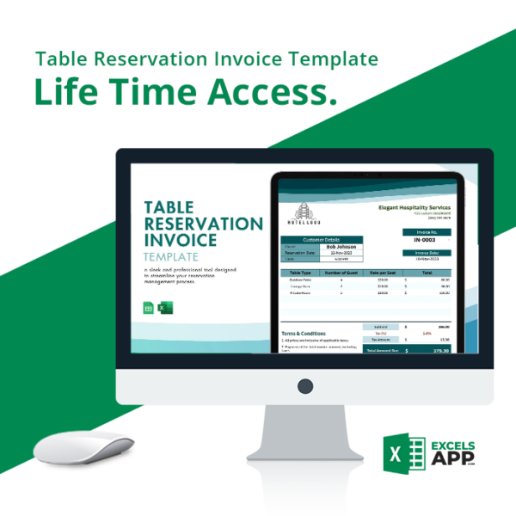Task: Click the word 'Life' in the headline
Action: (x=70, y=93)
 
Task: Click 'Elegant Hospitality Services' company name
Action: (x=414, y=207)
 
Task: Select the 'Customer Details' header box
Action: (x=322, y=239)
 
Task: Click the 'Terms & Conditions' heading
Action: (x=304, y=333)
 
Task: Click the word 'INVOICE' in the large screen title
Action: (x=181, y=240)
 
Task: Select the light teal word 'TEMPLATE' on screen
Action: (x=171, y=257)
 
